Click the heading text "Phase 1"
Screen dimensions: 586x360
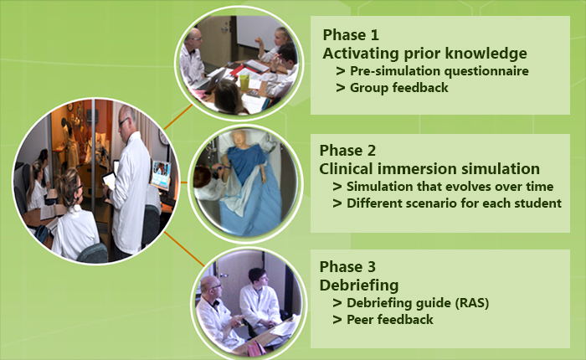pos(351,35)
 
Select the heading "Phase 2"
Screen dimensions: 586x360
pos(347,151)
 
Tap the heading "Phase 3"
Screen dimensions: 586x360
pos(347,266)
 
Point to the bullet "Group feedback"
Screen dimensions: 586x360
pos(392,87)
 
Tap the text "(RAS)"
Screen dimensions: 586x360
pos(472,302)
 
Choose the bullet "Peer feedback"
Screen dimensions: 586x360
pos(383,319)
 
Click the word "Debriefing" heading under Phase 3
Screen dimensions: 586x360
pos(359,285)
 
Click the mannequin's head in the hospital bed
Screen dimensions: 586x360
pos(239,139)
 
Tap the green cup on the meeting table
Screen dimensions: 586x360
pos(244,82)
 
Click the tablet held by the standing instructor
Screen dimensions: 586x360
pos(109,180)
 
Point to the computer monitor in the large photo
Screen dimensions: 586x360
pos(161,175)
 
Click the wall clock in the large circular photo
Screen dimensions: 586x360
pos(163,136)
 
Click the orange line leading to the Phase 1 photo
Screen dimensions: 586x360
pos(177,117)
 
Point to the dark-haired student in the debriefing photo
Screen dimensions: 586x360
pos(259,297)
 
